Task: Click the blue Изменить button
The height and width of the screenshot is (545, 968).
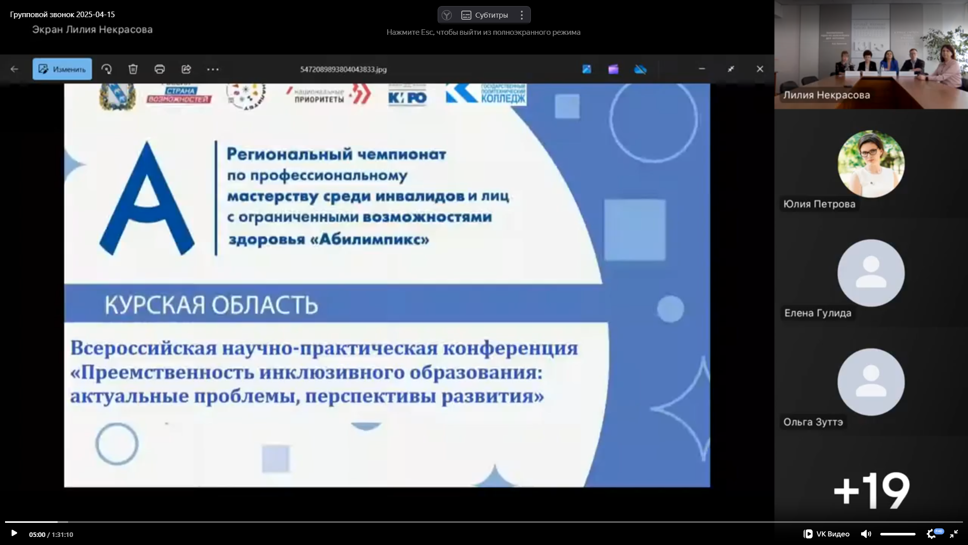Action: (x=63, y=69)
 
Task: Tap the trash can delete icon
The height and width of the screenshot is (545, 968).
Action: (x=133, y=69)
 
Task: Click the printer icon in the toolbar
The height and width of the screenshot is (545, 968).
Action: (x=160, y=69)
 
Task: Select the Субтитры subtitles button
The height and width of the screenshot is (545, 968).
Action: (x=485, y=15)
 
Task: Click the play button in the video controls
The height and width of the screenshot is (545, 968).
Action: (x=14, y=533)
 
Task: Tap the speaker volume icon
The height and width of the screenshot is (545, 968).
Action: (x=866, y=534)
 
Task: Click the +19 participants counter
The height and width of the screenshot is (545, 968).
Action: (x=871, y=490)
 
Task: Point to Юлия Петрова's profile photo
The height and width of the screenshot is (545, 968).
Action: (x=871, y=164)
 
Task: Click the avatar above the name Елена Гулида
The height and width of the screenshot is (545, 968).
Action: (x=871, y=273)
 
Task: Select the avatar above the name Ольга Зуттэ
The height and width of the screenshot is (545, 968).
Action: (x=871, y=382)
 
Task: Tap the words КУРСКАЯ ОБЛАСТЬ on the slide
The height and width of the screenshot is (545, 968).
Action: (x=211, y=305)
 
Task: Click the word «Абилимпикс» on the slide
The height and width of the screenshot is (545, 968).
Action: (x=370, y=239)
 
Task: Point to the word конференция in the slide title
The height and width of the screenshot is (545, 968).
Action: (x=510, y=348)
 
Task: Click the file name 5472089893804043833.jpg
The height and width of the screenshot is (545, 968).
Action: (x=343, y=69)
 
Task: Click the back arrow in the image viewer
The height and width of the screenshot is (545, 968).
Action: (x=15, y=69)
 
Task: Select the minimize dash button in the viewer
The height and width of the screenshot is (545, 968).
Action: (x=702, y=69)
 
